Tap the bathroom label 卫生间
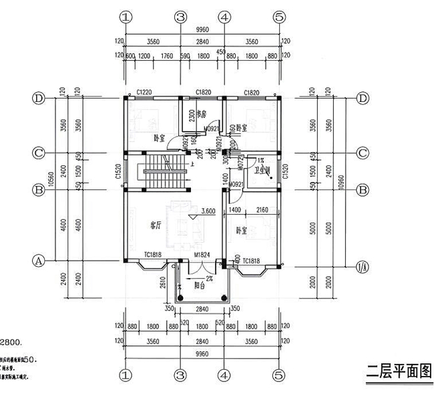(262, 171)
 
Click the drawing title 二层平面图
(395, 371)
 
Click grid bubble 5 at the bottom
(279, 373)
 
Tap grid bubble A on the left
(39, 261)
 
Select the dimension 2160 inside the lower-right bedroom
(261, 209)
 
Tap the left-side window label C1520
(118, 172)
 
